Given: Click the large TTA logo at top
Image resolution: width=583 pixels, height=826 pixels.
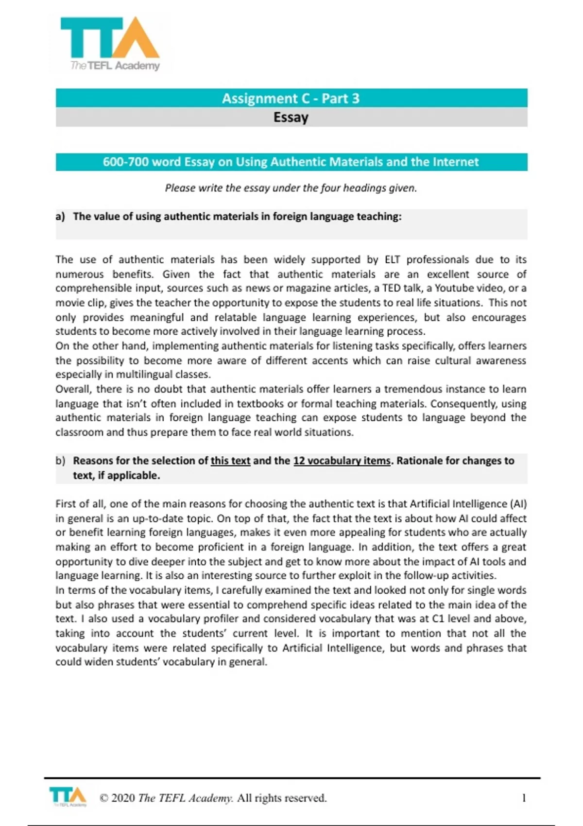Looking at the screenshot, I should (x=110, y=44).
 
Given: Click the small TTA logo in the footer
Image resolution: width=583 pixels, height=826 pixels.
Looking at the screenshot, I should (x=68, y=797).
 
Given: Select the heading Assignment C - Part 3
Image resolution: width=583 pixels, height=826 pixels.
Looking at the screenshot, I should (x=291, y=99).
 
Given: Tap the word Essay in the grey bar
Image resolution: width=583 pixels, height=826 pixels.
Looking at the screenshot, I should (x=291, y=118).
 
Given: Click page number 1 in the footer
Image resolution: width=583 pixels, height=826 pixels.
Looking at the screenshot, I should (x=524, y=798).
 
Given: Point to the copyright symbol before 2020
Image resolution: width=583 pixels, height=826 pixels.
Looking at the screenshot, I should (x=103, y=798).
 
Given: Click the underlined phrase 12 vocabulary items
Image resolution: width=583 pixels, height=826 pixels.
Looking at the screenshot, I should (x=342, y=461).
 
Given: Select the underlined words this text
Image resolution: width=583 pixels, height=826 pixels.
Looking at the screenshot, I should (x=230, y=461).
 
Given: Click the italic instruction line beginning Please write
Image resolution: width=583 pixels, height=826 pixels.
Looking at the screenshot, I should (x=291, y=188).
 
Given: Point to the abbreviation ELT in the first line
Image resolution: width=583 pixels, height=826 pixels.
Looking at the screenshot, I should (x=392, y=259).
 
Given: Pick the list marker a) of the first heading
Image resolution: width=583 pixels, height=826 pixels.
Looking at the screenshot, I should (x=60, y=217).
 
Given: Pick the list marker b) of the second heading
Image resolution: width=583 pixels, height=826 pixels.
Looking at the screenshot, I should (x=60, y=461).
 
